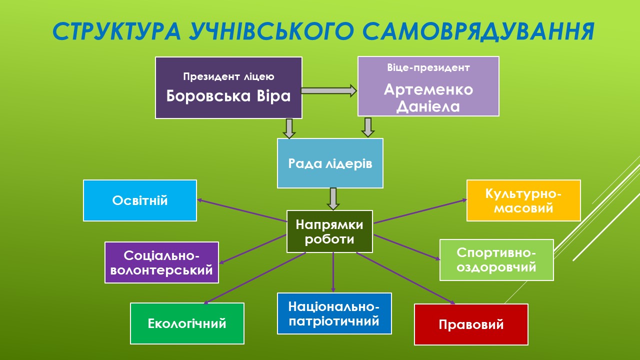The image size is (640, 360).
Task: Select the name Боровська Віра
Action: [x=228, y=95]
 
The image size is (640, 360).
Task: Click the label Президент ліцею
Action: [x=228, y=77]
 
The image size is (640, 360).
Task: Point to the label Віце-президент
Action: [x=428, y=67]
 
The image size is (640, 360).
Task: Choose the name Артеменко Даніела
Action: [x=428, y=98]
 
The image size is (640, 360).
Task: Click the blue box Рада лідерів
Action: [x=330, y=163]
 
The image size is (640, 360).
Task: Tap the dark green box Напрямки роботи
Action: [x=329, y=231]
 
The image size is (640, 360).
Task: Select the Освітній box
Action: [x=140, y=200]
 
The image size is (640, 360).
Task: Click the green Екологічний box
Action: [x=187, y=323]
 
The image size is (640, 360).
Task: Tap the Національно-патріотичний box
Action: [x=334, y=313]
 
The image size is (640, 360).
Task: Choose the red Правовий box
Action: [x=471, y=324]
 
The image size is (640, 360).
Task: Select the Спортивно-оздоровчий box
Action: [x=496, y=260]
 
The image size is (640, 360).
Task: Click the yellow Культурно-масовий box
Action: [x=523, y=200]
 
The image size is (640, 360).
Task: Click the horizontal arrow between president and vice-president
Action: [x=328, y=90]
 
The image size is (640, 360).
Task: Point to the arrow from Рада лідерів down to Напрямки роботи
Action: [x=333, y=198]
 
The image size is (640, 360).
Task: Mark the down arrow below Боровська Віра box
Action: [x=289, y=128]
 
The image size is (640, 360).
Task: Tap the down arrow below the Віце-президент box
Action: [x=368, y=127]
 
